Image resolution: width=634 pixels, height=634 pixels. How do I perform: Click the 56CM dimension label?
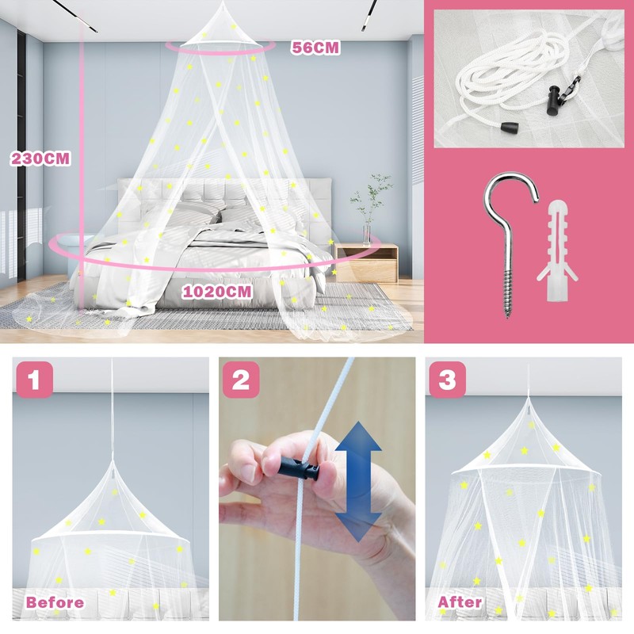pyautogui.click(x=315, y=48)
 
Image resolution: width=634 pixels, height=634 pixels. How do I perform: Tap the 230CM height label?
pyautogui.click(x=40, y=158)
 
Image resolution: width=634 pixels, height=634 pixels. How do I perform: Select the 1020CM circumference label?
pyautogui.click(x=217, y=292)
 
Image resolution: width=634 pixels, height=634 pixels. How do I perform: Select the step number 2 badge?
pyautogui.click(x=241, y=380)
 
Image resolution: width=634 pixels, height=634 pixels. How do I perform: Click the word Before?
pyautogui.click(x=55, y=602)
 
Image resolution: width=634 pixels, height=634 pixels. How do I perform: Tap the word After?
pyautogui.click(x=460, y=602)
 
